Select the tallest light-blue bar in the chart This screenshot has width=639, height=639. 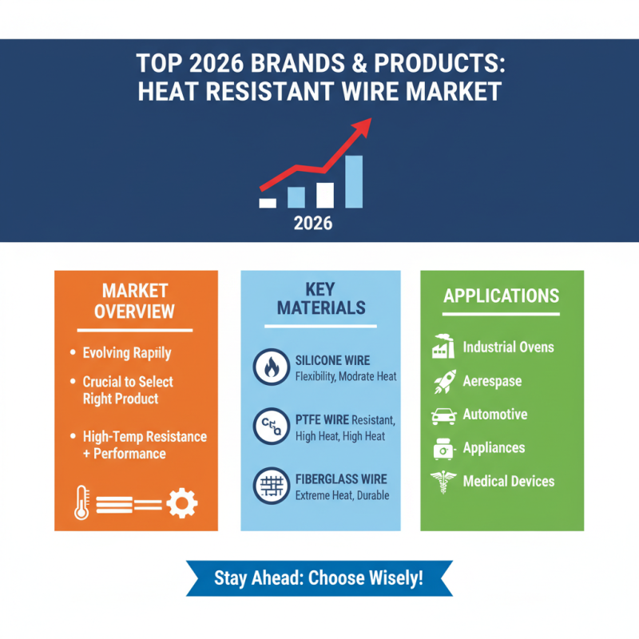coord(353,182)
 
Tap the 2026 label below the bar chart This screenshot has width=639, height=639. coord(313,223)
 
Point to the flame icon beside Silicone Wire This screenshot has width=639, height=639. coord(269,367)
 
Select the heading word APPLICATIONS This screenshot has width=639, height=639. coord(502,296)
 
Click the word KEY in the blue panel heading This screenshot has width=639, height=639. coord(320,288)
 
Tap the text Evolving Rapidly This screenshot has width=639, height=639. coord(126,352)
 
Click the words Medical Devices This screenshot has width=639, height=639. coord(508,481)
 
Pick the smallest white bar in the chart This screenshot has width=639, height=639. coord(268,203)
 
